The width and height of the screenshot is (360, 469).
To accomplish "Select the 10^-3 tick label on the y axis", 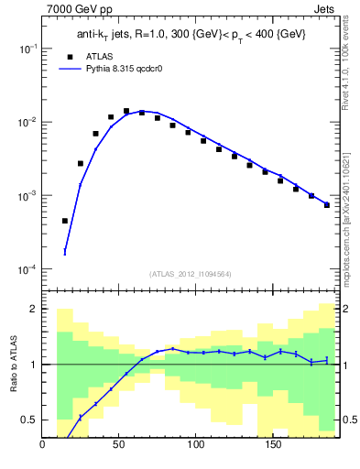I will (28, 196).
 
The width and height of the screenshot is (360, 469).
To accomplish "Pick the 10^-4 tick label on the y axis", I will (28, 269).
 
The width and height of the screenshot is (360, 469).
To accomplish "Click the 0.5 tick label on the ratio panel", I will (29, 420).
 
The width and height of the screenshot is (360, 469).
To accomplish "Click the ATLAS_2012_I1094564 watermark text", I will (189, 274).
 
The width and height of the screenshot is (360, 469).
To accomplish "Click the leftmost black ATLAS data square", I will (65, 221).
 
